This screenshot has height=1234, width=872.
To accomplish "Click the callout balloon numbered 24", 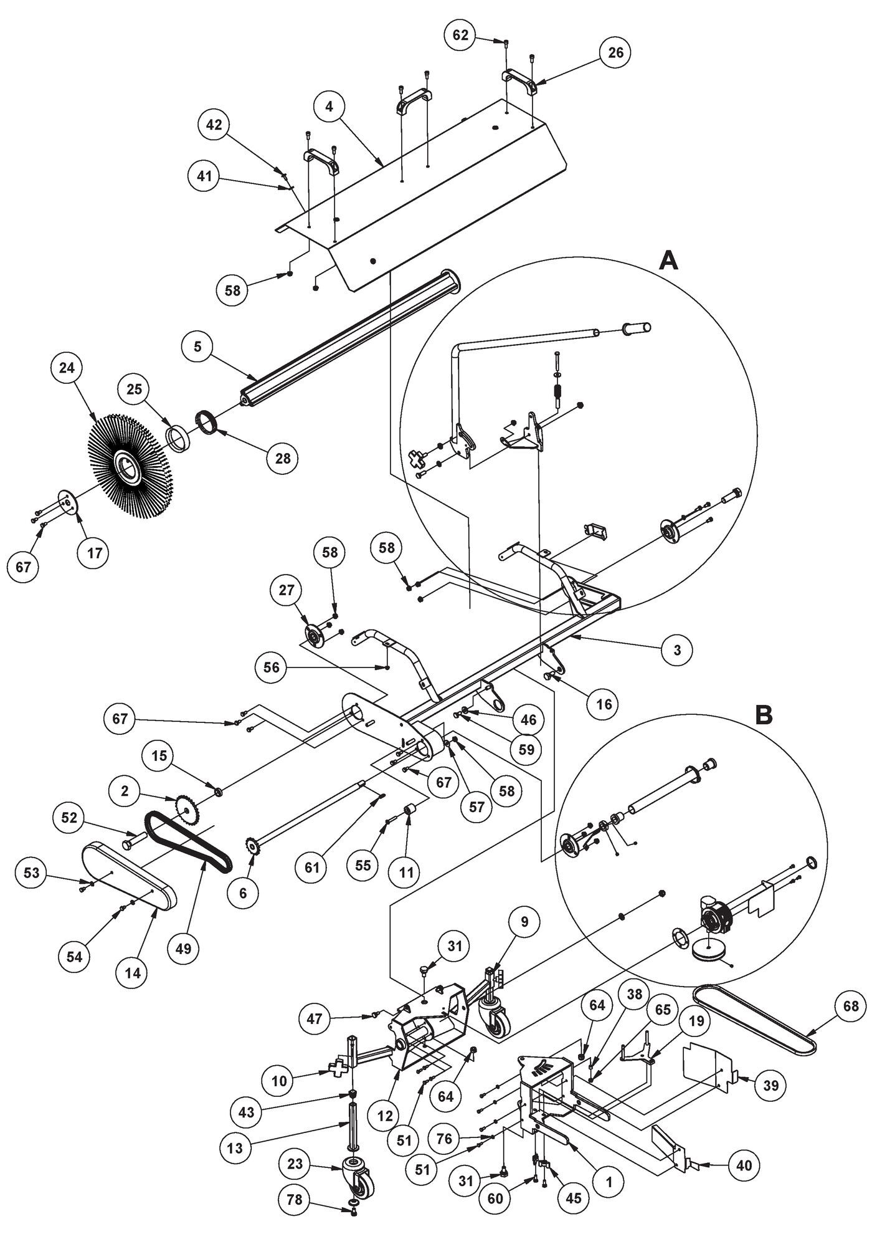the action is [x=67, y=368].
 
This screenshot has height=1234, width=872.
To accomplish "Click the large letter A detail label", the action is [x=668, y=261].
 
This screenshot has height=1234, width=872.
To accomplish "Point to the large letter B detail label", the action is [x=764, y=715].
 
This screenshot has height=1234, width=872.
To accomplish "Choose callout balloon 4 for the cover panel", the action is [x=329, y=107].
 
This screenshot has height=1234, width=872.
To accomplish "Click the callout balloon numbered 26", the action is [x=615, y=52].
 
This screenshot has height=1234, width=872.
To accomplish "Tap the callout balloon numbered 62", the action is [x=460, y=35].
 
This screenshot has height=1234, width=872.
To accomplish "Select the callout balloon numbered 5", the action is [x=197, y=347].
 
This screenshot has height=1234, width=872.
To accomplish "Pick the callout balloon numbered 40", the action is [x=744, y=1165].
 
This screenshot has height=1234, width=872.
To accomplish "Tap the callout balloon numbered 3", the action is [x=678, y=650].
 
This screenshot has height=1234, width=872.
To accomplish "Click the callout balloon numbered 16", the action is [x=604, y=704].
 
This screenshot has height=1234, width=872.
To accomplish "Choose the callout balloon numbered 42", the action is [x=214, y=124].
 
